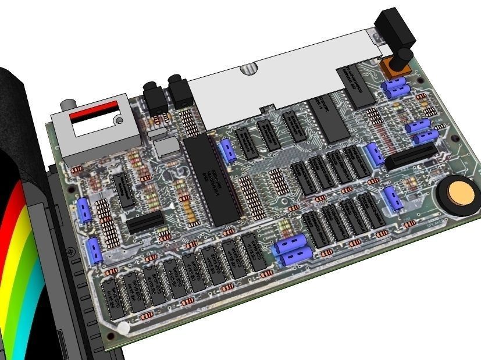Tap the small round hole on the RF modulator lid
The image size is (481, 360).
coord(120,121)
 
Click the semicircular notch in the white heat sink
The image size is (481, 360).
coord(249,68)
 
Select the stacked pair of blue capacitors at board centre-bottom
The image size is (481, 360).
coord(293,251)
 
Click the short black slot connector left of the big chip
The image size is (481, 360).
coord(145,222)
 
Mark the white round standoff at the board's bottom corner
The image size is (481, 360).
coord(123,329)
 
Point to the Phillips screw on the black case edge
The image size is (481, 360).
coord(71,251)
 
